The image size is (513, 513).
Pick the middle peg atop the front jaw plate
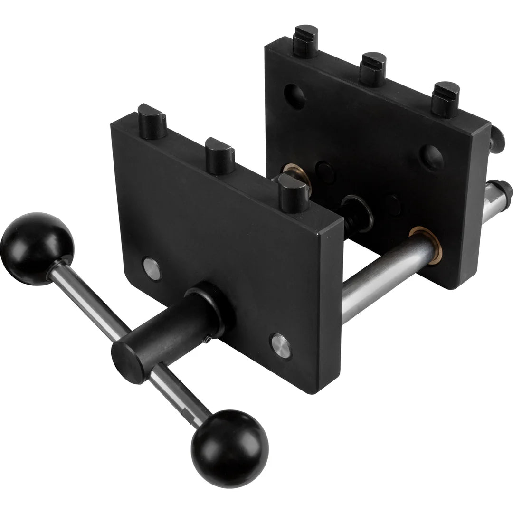(x=219, y=156)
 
